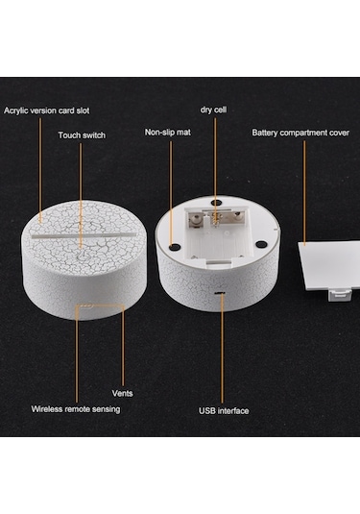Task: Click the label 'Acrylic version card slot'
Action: point(46,110)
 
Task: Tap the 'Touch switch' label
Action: point(82,135)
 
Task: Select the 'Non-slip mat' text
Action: point(168,133)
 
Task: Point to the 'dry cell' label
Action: point(213,110)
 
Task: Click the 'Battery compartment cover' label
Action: point(300,133)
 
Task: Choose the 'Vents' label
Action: point(122,393)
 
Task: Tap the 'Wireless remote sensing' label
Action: point(76,409)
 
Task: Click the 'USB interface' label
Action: point(224,411)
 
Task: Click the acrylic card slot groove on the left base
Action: point(84,236)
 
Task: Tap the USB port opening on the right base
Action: point(220,293)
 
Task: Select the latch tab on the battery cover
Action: point(339,295)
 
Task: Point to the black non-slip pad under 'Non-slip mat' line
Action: point(174,246)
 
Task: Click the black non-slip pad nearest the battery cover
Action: point(260,244)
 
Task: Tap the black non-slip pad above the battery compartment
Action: point(215,203)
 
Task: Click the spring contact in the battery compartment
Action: point(215,217)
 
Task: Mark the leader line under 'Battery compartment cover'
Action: point(304,193)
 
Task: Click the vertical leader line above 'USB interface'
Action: point(222,349)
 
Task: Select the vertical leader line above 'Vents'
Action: point(123,347)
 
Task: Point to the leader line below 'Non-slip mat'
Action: point(170,193)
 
